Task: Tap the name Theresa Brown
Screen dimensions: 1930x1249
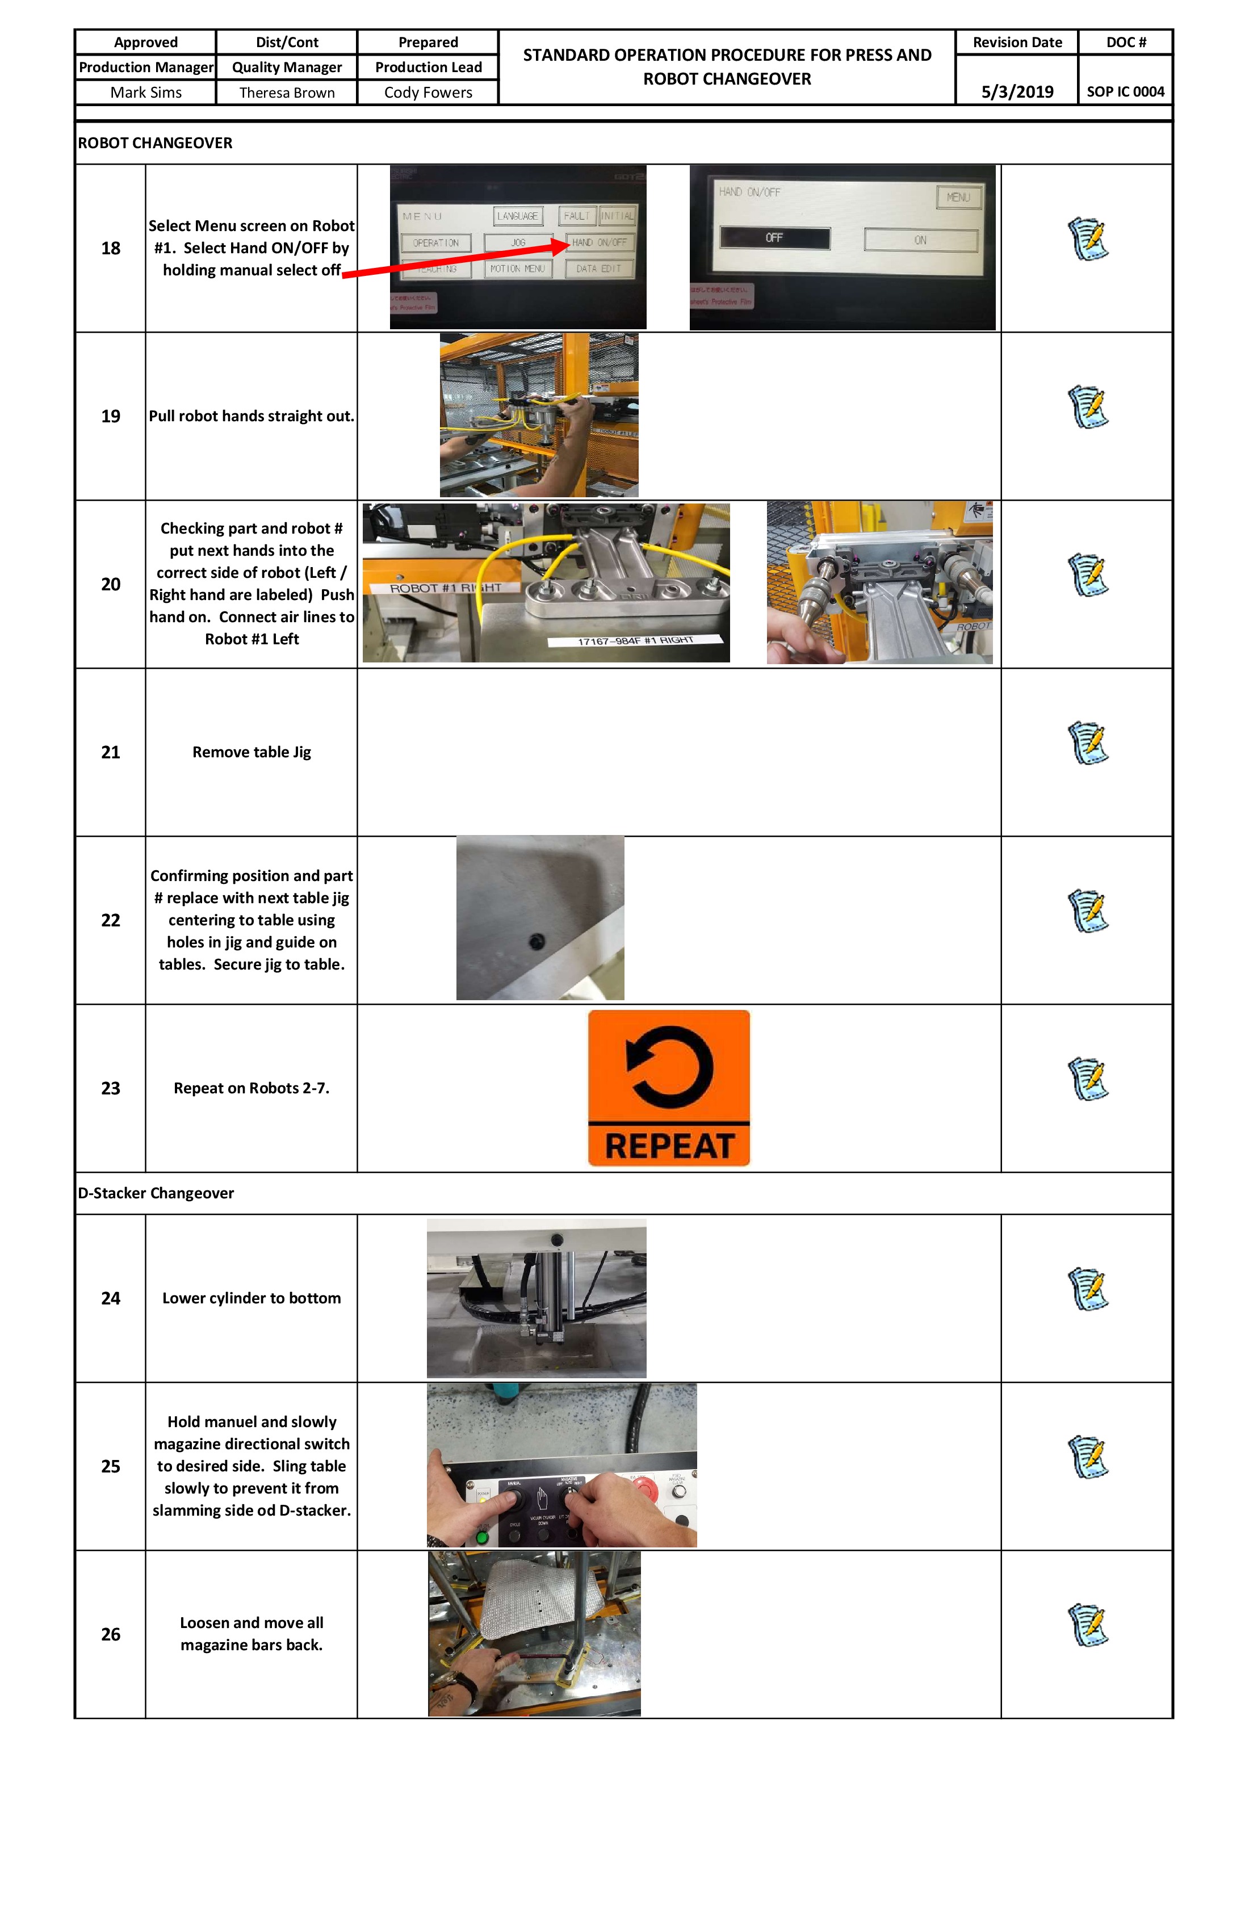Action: [x=287, y=93]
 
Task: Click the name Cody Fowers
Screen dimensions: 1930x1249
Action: [x=428, y=93]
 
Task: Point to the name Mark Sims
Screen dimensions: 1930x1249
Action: [x=146, y=93]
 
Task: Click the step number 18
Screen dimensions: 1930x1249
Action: [x=110, y=248]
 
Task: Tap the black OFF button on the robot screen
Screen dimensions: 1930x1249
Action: [x=774, y=238]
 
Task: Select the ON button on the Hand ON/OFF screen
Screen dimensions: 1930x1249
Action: [x=920, y=240]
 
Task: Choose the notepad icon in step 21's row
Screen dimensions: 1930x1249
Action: [x=1088, y=743]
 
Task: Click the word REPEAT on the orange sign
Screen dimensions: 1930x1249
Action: [x=669, y=1146]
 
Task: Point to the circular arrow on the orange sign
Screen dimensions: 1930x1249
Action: [x=669, y=1067]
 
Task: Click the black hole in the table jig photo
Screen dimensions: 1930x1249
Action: [x=536, y=942]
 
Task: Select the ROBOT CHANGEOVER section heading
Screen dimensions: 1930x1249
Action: [x=155, y=142]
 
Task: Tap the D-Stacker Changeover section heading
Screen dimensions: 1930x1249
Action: [x=156, y=1193]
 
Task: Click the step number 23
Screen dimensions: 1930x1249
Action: [x=110, y=1088]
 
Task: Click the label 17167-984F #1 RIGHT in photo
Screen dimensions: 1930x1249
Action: [x=635, y=641]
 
